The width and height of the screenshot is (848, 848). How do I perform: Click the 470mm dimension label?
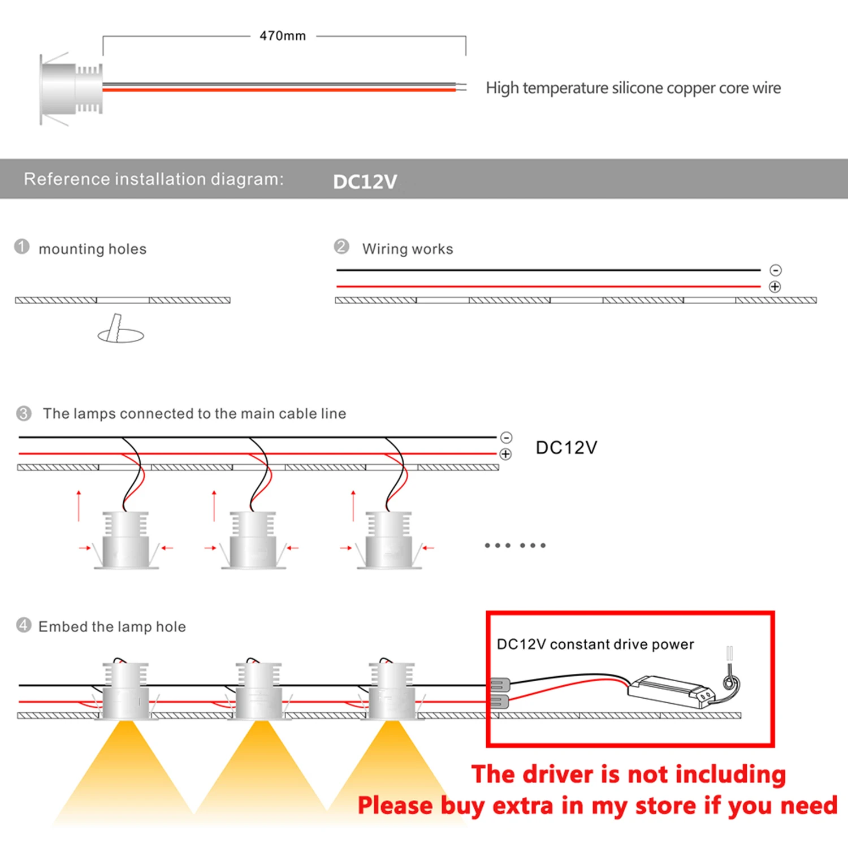283,36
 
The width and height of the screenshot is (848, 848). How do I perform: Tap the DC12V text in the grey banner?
365,181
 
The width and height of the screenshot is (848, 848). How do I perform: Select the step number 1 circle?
22,247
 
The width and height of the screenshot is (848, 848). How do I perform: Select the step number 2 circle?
341,246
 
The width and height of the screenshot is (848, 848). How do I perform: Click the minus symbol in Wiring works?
776,270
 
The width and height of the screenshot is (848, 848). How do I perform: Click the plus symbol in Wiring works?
775,287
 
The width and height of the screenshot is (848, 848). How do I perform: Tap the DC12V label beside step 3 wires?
566,448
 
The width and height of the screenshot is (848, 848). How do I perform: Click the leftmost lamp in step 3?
126,540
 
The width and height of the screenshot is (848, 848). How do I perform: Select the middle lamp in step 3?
253,540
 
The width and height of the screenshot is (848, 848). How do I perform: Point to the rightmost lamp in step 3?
388,540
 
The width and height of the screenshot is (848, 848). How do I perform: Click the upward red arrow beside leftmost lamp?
79,505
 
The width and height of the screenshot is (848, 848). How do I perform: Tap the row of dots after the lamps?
515,546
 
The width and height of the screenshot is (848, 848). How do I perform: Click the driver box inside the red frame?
670,690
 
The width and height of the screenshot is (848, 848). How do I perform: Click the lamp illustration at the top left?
71,89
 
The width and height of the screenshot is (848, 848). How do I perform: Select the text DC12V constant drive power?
595,644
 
